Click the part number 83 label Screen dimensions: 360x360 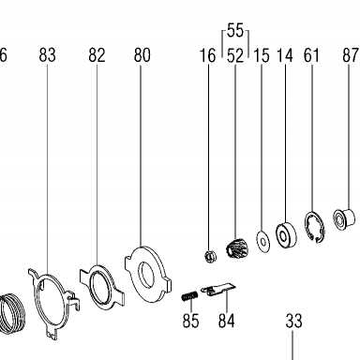coord(48,55)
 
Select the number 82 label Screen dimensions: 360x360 coord(97,55)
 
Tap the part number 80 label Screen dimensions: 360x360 coord(142,55)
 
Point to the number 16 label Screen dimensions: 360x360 coord(208,55)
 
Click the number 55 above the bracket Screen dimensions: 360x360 coord(235,31)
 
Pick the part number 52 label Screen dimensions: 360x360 coord(235,55)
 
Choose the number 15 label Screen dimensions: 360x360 coord(262,55)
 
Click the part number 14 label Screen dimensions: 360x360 coord(285,55)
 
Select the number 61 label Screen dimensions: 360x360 coord(311,55)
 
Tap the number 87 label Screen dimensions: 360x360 coord(351,55)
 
